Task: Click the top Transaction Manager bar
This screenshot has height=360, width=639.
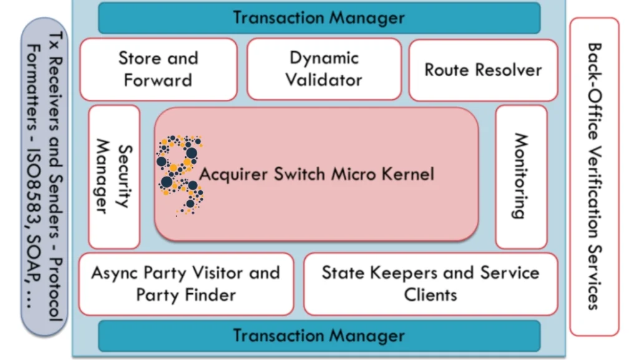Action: click(319, 17)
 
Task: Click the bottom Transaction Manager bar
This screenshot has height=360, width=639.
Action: click(319, 336)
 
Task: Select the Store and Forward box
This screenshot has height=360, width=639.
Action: click(158, 69)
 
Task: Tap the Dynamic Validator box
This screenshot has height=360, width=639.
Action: click(324, 69)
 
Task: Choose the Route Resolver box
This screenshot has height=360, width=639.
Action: click(483, 69)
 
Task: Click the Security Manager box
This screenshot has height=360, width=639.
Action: click(114, 177)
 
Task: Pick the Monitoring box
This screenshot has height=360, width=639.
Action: click(521, 177)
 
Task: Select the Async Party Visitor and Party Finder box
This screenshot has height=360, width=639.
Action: click(186, 284)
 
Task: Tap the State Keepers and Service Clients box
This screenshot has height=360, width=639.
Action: click(431, 284)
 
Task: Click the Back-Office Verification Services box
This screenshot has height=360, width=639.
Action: click(593, 176)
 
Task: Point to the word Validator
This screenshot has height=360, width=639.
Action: click(324, 80)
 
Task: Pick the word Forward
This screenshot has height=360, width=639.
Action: click(158, 80)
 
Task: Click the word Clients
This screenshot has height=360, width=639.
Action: click(431, 294)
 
